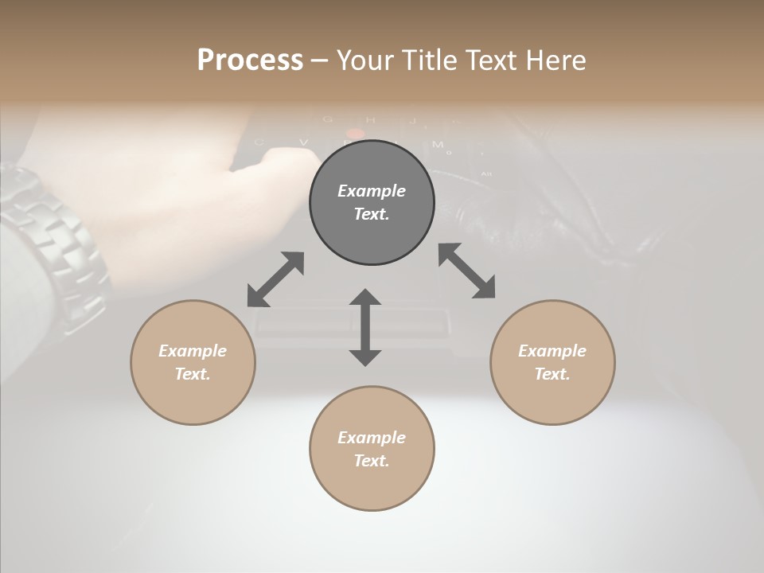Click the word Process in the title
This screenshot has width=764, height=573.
tap(250, 60)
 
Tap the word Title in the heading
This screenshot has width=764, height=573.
tap(431, 60)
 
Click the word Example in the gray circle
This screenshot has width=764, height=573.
tap(372, 191)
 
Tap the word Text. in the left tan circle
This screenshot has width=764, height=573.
tap(193, 374)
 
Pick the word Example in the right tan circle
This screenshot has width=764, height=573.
tap(552, 351)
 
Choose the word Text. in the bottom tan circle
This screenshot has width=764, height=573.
tap(372, 461)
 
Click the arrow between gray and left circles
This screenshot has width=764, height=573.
tap(275, 279)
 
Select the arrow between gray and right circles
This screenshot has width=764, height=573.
tap(467, 271)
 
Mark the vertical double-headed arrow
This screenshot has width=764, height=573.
tap(365, 327)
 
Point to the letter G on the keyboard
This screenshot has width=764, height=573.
tap(328, 120)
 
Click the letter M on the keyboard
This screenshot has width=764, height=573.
tap(437, 144)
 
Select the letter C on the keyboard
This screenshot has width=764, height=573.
tap(259, 142)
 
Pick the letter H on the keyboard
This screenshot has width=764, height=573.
tap(370, 120)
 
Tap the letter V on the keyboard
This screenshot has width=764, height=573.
tap(304, 142)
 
